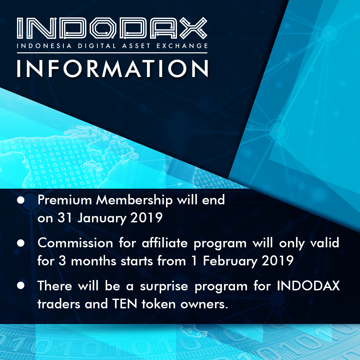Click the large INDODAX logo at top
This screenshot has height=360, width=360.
point(112,28)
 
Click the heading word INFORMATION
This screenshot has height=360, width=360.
point(113,69)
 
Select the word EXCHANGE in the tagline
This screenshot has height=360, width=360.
point(182,46)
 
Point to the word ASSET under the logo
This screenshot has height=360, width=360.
point(136,46)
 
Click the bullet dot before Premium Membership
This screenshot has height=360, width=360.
point(21,200)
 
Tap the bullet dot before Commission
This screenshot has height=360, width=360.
point(21,243)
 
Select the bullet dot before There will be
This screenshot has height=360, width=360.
point(21,285)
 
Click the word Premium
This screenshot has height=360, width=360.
point(65,200)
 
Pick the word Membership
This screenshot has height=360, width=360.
point(134,200)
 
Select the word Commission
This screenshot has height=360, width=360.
point(75,243)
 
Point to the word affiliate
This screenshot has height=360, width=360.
point(165,243)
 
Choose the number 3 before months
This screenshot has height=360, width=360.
point(62,261)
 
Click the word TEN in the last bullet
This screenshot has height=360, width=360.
point(125,304)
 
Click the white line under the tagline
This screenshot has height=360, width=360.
point(112,53)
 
